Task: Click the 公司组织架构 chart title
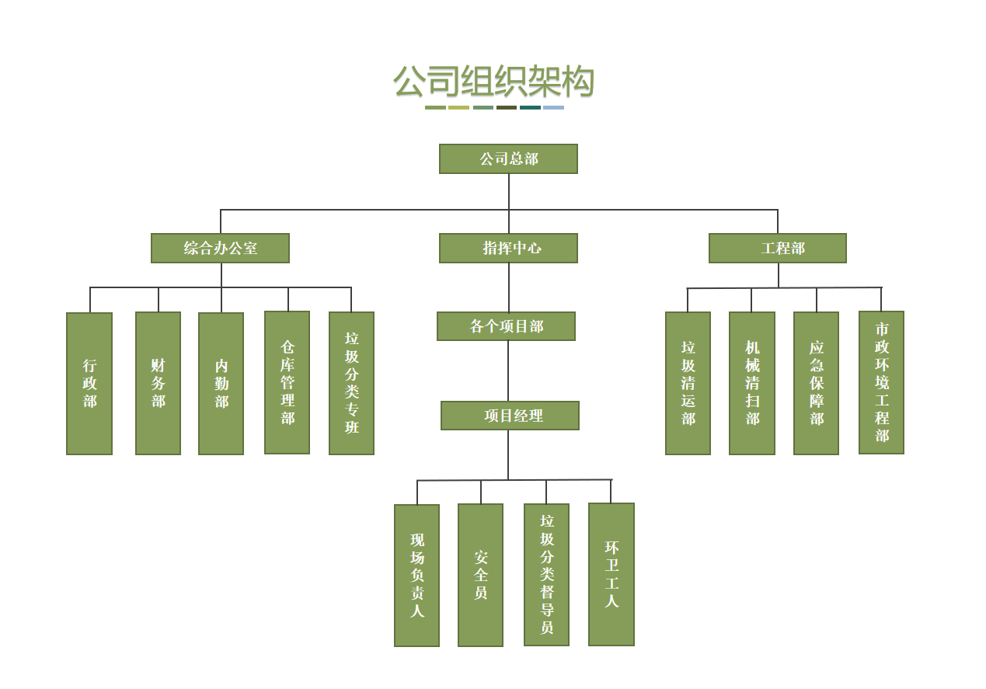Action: click(493, 82)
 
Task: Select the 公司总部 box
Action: click(508, 158)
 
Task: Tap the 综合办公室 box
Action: click(220, 248)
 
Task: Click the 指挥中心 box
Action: click(508, 248)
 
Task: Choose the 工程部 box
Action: click(777, 248)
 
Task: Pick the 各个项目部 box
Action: click(506, 326)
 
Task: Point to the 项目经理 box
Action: click(510, 416)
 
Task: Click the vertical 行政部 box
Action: click(89, 383)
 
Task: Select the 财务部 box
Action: click(158, 383)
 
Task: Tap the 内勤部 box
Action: click(221, 383)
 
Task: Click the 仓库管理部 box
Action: click(287, 382)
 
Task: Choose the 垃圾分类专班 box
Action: click(351, 383)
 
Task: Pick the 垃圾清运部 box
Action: click(688, 383)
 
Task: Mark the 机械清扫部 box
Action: click(751, 383)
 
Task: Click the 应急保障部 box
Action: click(816, 383)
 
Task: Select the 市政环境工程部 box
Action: click(881, 382)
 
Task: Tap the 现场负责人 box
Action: click(416, 575)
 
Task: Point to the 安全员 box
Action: click(480, 575)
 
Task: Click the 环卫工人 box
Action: click(611, 574)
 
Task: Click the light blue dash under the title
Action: click(553, 107)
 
